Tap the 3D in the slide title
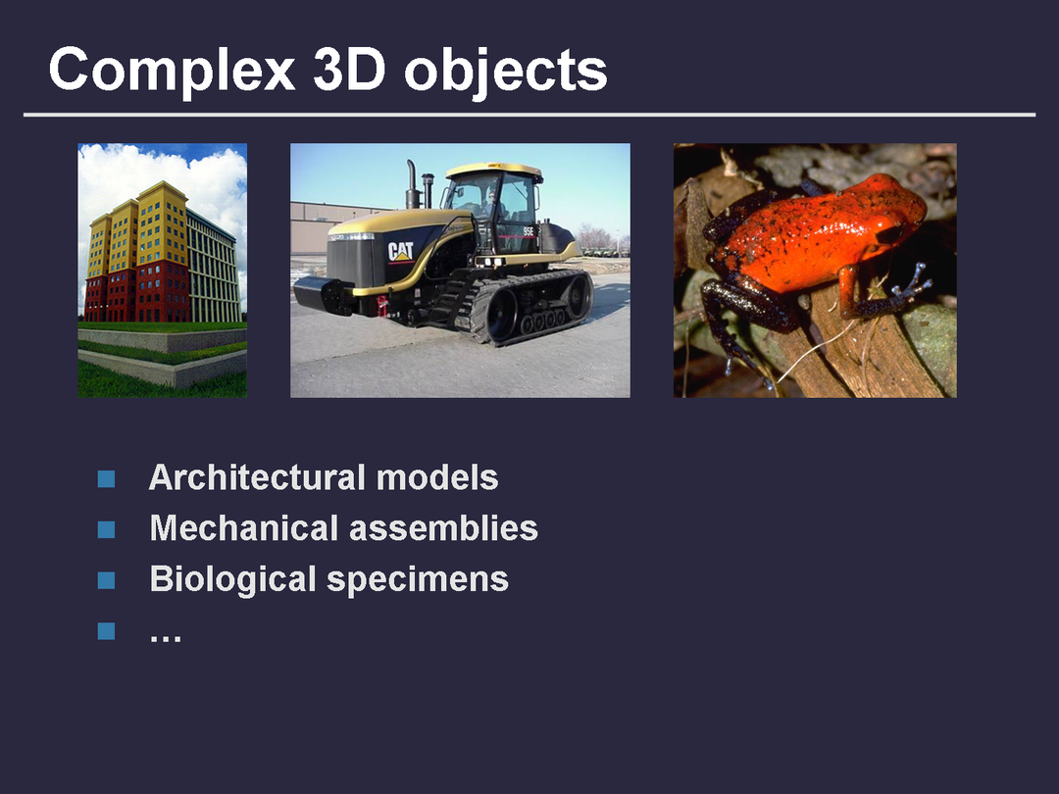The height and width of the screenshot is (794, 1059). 349,70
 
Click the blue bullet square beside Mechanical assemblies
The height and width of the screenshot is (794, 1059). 106,529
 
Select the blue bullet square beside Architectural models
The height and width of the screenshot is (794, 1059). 106,478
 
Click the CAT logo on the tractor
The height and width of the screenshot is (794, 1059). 400,252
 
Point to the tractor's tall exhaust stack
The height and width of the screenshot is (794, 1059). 411,183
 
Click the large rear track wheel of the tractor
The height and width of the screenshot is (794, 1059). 578,296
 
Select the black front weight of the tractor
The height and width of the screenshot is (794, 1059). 322,294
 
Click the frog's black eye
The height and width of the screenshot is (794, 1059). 890,233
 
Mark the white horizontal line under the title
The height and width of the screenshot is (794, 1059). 529,115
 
